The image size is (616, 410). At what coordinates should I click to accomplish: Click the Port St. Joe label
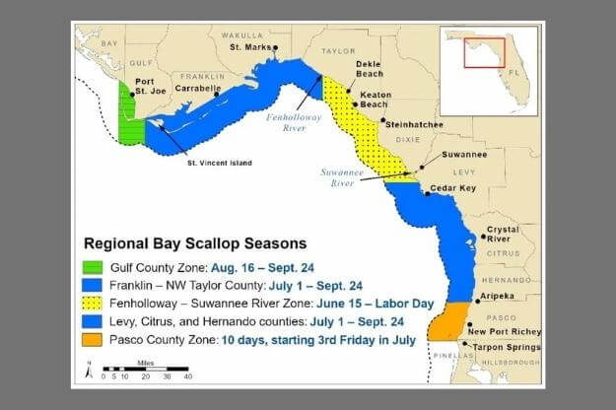tap(145, 87)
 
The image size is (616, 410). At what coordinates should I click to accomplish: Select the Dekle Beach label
tap(369, 69)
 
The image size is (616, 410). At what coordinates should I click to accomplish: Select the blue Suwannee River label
tap(343, 175)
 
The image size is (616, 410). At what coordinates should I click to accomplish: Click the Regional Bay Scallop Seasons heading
tap(195, 242)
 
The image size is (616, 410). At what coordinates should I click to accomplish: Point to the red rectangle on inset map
tap(483, 52)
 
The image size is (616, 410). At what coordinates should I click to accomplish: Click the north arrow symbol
tap(90, 373)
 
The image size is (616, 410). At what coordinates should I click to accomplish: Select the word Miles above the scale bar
tap(147, 363)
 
